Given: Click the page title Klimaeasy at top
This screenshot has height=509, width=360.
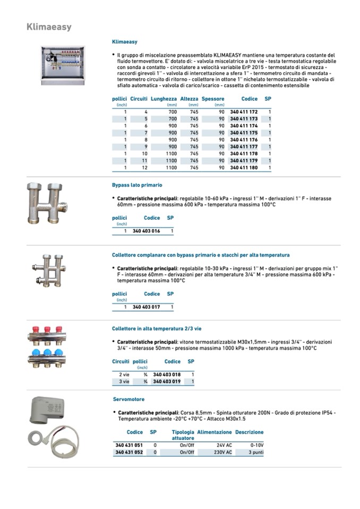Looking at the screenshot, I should (49, 27).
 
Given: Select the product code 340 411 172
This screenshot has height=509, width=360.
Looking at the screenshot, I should (244, 112).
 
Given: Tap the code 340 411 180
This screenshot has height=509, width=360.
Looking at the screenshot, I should (244, 168).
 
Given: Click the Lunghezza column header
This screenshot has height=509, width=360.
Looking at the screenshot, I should (164, 99).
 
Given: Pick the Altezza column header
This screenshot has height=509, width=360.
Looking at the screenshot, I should (189, 99).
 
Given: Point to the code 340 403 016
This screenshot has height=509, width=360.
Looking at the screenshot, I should (146, 231).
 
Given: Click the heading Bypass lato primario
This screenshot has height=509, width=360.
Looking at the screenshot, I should (137, 185).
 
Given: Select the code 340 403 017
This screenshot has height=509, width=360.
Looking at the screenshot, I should (146, 307).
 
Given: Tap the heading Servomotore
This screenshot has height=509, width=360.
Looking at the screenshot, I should (128, 399).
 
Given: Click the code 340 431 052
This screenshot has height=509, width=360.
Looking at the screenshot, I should (129, 453).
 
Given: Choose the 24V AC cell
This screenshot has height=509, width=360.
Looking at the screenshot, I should (223, 445).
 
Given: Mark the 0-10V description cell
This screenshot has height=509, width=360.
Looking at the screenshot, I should (256, 445).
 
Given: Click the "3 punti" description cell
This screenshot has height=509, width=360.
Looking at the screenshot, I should (255, 453).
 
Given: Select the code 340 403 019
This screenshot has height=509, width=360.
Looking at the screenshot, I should (167, 382).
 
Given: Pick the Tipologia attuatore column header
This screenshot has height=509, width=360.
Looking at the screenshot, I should (183, 435).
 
